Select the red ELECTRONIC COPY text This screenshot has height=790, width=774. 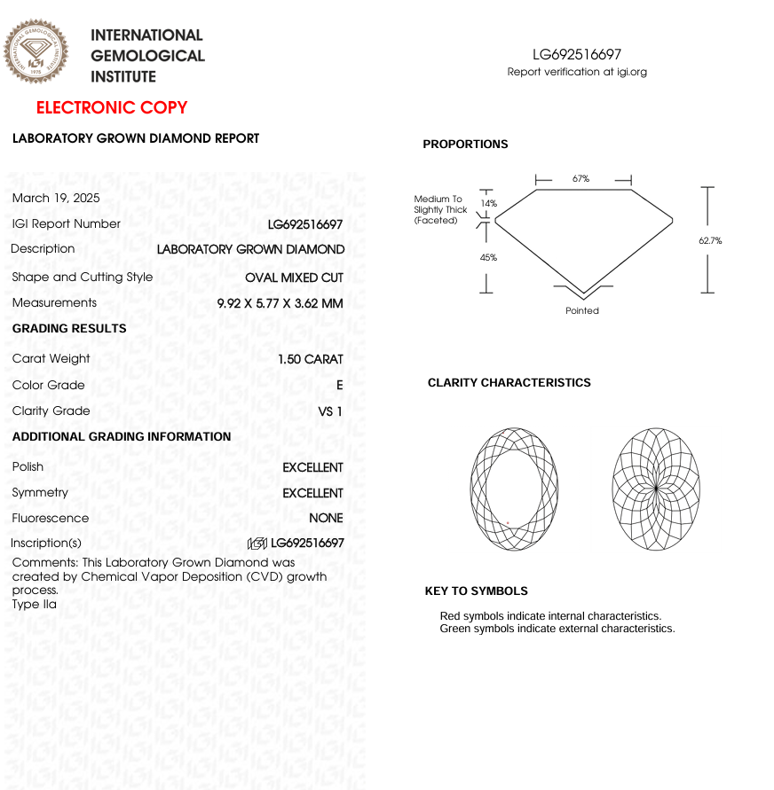[x=112, y=108]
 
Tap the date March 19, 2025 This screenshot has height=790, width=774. [x=56, y=198]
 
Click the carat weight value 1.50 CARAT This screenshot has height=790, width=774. [x=310, y=359]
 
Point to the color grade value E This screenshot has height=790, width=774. [x=339, y=386]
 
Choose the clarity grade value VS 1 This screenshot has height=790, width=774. [x=329, y=411]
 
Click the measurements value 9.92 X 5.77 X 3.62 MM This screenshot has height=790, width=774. [x=280, y=303]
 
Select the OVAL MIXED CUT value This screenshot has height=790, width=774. [x=294, y=278]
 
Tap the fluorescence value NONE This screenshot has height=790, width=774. [x=326, y=519]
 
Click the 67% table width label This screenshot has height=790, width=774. [x=580, y=178]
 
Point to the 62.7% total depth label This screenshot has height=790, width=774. [x=710, y=240]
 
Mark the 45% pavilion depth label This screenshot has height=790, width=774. [x=488, y=257]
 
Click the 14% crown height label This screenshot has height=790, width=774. [x=488, y=203]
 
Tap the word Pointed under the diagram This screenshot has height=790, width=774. [x=582, y=310]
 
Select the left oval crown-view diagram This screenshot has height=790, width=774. [x=515, y=489]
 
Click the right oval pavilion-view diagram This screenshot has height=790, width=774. [x=656, y=489]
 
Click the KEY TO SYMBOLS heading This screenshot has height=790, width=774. [x=476, y=591]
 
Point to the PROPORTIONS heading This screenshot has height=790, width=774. [x=465, y=145]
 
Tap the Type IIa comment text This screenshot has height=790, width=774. [x=35, y=605]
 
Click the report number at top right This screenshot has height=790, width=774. [x=577, y=55]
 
